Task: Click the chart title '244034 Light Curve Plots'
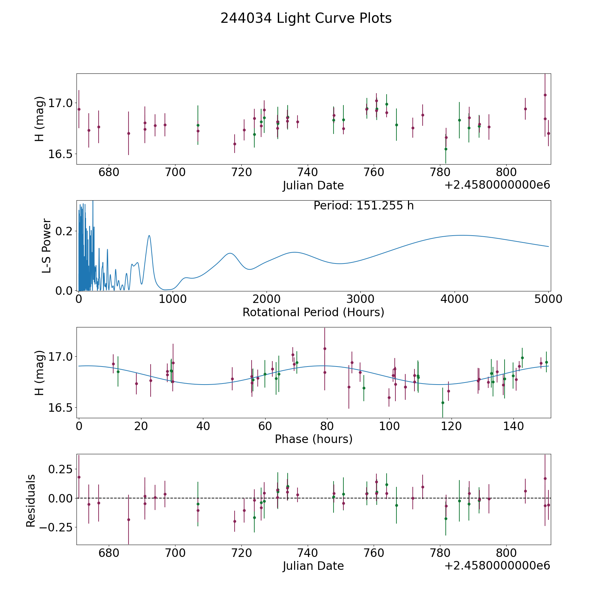306,18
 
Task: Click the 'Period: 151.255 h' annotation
363,206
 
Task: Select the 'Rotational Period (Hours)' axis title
313,312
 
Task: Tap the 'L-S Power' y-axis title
47,245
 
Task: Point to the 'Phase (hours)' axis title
313,439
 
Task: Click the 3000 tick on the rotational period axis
360,299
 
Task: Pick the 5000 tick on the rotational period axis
548,299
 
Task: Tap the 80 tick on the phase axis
327,426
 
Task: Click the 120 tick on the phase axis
451,426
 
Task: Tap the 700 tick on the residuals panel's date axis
175,552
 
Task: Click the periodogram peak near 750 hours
149,236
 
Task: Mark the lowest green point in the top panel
446,149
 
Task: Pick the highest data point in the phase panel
325,348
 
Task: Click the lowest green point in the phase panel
443,403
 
